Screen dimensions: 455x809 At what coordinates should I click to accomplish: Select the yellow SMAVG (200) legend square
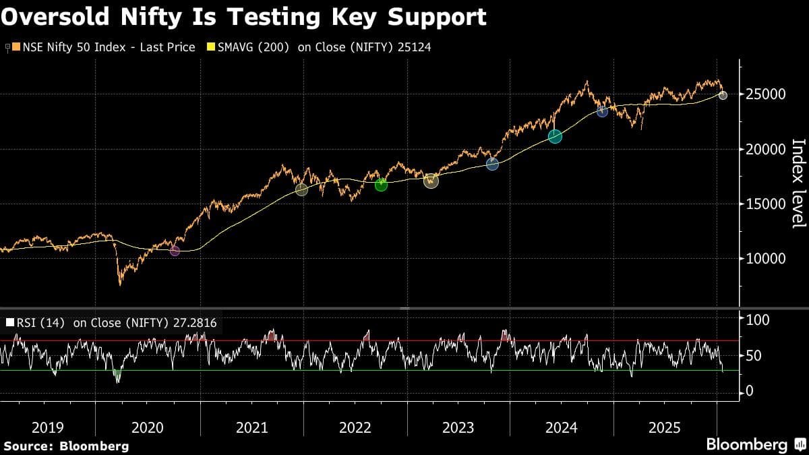pyautogui.click(x=210, y=47)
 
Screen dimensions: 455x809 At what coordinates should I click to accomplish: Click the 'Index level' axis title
pyautogui.click(x=798, y=183)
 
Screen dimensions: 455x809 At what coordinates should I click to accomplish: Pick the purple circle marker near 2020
pyautogui.click(x=175, y=251)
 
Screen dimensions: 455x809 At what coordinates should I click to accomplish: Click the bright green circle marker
pyautogui.click(x=381, y=185)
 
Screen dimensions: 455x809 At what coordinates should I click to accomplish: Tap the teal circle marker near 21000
pyautogui.click(x=555, y=137)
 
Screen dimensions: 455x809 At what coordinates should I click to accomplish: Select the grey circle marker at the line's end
pyautogui.click(x=723, y=96)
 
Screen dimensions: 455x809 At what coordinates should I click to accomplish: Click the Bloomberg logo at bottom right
pyautogui.click(x=755, y=445)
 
